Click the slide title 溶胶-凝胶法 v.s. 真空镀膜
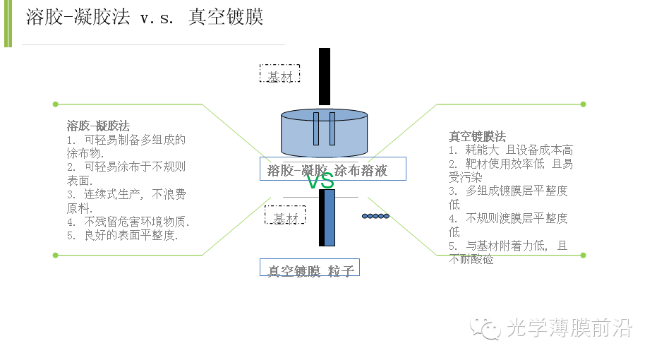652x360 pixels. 145,17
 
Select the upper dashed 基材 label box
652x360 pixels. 279,74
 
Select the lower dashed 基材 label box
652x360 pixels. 285,215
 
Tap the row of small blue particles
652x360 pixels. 375,215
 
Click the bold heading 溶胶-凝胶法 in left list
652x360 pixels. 98,126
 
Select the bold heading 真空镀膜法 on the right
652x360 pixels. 477,136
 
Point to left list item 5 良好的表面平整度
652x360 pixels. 123,236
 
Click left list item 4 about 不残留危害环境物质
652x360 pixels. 128,222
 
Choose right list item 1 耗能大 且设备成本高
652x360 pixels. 510,150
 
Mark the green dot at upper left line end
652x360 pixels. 55,104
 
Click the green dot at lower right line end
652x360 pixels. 583,255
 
